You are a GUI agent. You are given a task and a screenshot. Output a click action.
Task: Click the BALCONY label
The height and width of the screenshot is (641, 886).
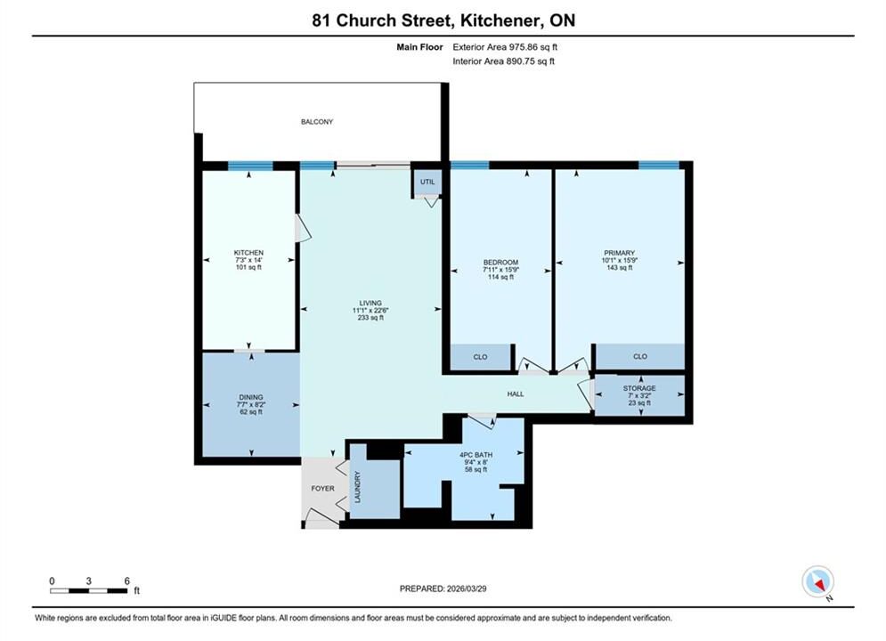(x=317, y=121)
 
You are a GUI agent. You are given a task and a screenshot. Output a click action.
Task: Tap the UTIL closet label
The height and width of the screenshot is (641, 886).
(x=427, y=182)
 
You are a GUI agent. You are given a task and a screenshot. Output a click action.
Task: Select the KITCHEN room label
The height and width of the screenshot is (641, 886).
(x=248, y=253)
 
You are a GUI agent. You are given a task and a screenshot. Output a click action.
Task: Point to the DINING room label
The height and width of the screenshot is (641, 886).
(x=251, y=397)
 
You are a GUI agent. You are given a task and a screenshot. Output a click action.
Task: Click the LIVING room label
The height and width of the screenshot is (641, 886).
(x=370, y=303)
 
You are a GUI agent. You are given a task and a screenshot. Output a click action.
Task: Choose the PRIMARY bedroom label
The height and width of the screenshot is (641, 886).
(x=619, y=253)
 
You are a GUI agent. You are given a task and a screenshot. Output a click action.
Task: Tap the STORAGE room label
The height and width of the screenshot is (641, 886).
(x=639, y=388)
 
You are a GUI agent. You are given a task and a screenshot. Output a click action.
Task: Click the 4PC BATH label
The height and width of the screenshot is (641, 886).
(x=476, y=455)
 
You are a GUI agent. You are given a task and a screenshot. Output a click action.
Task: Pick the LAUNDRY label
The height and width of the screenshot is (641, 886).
(x=358, y=487)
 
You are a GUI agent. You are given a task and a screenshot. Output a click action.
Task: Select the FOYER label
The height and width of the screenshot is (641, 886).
(x=322, y=488)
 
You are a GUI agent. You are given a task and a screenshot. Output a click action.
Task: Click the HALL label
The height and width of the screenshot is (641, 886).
(x=516, y=394)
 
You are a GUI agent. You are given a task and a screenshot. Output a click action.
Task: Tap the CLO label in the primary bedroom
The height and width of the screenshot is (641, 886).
(x=640, y=356)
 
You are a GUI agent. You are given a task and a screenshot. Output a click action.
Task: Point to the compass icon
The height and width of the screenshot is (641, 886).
(x=817, y=581)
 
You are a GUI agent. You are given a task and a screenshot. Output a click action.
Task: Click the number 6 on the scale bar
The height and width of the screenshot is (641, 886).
(x=127, y=580)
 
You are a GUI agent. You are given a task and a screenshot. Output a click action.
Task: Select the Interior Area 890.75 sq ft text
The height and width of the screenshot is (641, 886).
(x=503, y=61)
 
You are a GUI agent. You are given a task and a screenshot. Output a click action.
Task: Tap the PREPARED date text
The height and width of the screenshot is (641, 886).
(x=443, y=588)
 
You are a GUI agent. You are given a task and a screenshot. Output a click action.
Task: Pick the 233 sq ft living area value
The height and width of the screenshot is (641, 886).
(x=370, y=318)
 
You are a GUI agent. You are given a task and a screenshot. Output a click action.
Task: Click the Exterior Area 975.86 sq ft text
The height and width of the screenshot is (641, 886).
(x=505, y=47)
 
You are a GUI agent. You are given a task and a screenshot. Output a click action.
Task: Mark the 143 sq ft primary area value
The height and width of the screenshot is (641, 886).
(x=619, y=267)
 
